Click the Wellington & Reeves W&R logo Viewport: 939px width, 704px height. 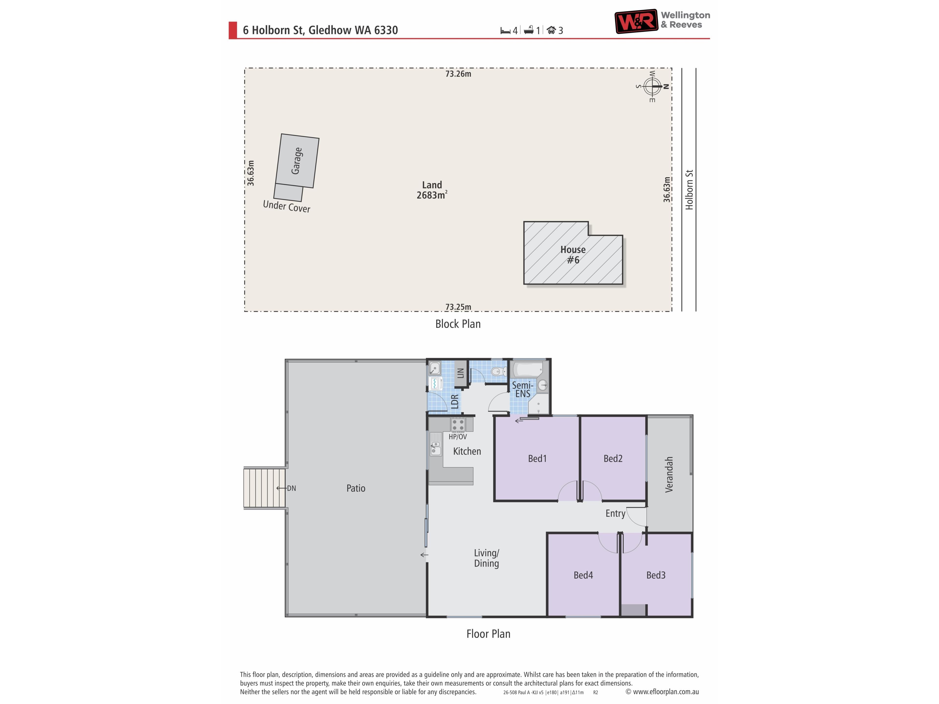point(636,21)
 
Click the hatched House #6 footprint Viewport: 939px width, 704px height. point(573,253)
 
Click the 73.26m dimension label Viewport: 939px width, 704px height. point(458,74)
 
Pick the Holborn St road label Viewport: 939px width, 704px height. point(689,190)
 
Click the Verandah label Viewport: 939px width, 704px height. point(669,474)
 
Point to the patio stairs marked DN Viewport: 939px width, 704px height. point(265,488)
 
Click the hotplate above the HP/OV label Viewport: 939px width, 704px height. point(458,424)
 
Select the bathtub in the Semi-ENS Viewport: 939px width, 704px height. point(528,369)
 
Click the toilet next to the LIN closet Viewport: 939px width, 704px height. point(499,372)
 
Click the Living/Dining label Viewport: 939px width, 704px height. point(486,558)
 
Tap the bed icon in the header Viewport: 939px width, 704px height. point(505,31)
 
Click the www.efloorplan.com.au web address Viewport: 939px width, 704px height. point(666,692)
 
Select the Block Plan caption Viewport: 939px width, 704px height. point(458,324)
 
